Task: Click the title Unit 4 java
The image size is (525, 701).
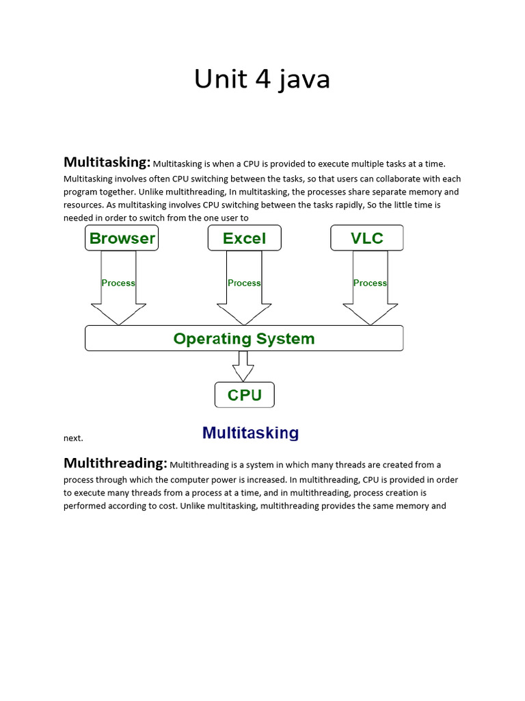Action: click(262, 79)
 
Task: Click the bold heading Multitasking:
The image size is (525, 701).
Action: click(107, 162)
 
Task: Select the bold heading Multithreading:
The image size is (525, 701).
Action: click(115, 463)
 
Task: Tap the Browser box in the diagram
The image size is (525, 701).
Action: click(122, 238)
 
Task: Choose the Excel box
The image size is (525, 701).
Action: click(244, 238)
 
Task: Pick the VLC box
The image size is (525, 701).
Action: click(367, 238)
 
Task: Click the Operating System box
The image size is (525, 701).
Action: click(244, 338)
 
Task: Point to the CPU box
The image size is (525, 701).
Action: click(244, 395)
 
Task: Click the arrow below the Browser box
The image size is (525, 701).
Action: click(118, 301)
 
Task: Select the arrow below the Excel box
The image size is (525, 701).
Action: click(244, 301)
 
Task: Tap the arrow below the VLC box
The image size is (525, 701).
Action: click(370, 301)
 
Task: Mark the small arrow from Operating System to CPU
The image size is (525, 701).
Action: click(243, 368)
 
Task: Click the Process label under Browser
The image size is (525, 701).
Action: click(118, 283)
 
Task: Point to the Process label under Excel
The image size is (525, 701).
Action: click(244, 283)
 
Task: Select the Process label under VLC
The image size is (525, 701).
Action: click(370, 283)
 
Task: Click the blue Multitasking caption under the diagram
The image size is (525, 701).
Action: click(250, 433)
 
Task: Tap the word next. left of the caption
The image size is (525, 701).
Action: click(73, 438)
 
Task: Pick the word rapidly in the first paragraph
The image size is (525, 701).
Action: click(351, 205)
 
